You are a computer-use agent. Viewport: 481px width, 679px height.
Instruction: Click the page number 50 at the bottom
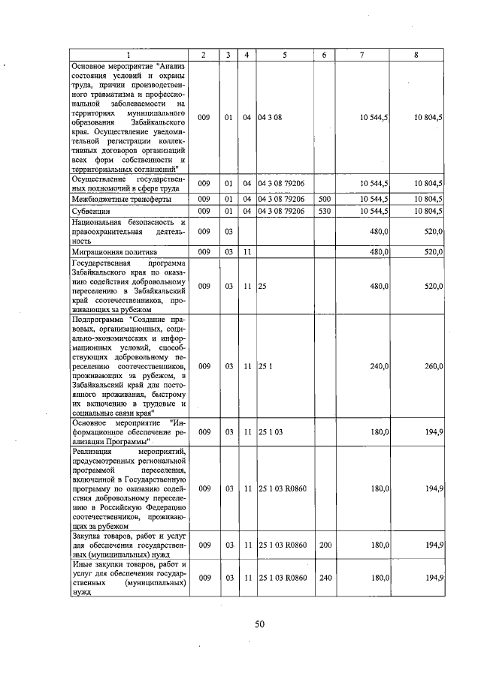[x=259, y=623]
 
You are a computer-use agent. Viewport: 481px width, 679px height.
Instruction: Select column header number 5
[x=284, y=55]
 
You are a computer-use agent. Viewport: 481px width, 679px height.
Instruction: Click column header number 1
[x=128, y=55]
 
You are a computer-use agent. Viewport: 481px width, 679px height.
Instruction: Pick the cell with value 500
[x=324, y=200]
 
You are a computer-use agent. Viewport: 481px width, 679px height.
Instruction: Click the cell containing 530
[x=324, y=212]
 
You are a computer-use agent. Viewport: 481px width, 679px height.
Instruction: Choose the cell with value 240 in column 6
[x=324, y=577]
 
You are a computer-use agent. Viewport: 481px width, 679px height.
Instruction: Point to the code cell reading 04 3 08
[x=269, y=119]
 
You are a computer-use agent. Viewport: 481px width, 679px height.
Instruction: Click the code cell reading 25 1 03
[x=270, y=432]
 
